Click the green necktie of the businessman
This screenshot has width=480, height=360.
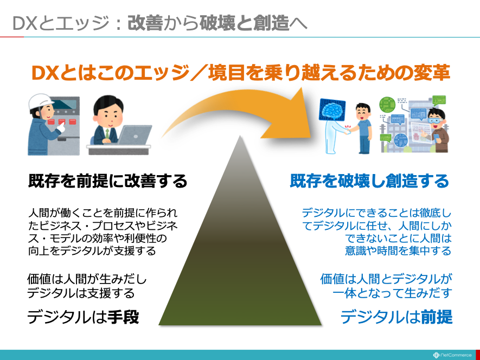coord(107,133)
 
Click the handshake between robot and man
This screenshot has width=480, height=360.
coord(348,131)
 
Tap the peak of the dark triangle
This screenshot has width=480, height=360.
coord(240,136)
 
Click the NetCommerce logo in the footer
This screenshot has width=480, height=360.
coord(452,355)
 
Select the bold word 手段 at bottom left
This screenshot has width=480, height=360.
coord(123,317)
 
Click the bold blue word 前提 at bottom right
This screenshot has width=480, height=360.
coord(437,317)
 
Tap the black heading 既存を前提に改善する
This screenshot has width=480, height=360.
coord(107,181)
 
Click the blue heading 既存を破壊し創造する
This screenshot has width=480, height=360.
coord(369,181)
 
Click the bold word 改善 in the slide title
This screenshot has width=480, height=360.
coord(145,23)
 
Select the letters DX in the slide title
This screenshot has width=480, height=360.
coord(25,23)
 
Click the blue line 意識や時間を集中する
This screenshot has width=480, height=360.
coord(398,250)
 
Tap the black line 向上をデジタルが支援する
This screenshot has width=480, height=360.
coord(92,250)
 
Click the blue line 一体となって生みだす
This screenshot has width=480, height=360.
coord(392,293)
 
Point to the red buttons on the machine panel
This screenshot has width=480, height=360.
coord(62,122)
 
